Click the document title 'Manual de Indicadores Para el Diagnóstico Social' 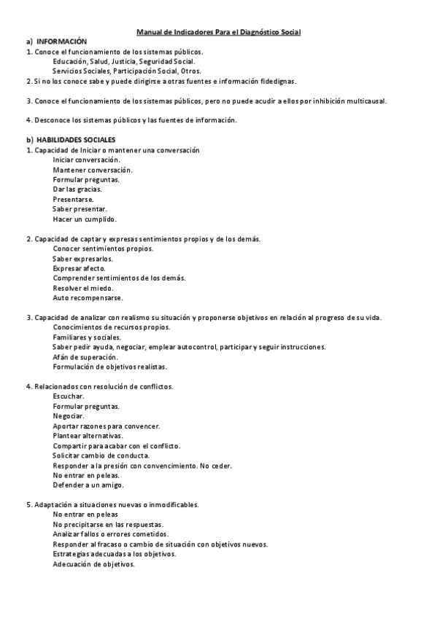click(218, 33)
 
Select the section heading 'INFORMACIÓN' click(61, 42)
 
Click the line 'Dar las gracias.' click(77, 189)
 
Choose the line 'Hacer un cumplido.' click(85, 219)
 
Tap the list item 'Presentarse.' click(73, 199)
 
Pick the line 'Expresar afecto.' click(79, 268)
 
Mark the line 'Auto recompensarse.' click(88, 297)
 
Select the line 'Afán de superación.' click(85, 357)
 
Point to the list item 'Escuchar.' click(69, 396)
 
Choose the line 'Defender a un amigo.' click(88, 485)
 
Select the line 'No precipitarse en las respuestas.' click(108, 524)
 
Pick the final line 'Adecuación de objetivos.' click(93, 564)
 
